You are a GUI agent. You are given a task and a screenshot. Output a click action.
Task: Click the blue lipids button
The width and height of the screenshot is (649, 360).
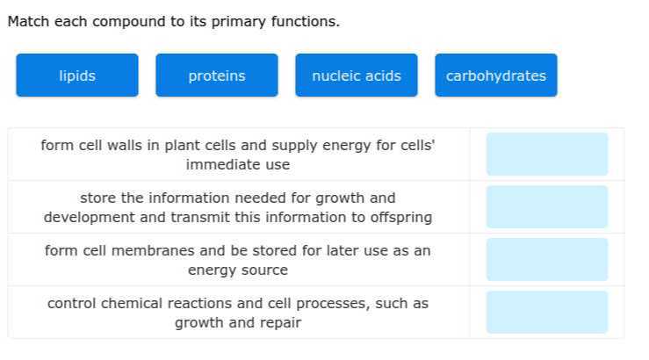coord(77,76)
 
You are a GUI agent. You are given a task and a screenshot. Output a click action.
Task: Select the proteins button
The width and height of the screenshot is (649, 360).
coord(217,76)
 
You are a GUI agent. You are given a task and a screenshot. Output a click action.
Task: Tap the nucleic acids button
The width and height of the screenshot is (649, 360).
coord(357,76)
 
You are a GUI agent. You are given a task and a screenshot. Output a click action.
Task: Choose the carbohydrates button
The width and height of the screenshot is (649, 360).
coord(496,76)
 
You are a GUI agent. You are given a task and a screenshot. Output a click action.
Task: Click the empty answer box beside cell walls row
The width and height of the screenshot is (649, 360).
coord(547,155)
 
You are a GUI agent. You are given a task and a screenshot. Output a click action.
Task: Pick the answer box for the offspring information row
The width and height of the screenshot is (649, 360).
coord(547,207)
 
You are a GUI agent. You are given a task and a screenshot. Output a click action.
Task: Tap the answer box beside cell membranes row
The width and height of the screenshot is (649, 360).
coord(547,260)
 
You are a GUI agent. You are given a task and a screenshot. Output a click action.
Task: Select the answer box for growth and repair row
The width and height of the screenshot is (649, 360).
coord(547,313)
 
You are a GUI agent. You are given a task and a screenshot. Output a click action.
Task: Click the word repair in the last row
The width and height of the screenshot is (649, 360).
coord(280,322)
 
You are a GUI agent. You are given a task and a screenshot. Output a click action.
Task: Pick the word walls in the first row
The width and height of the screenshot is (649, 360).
coord(129,146)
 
